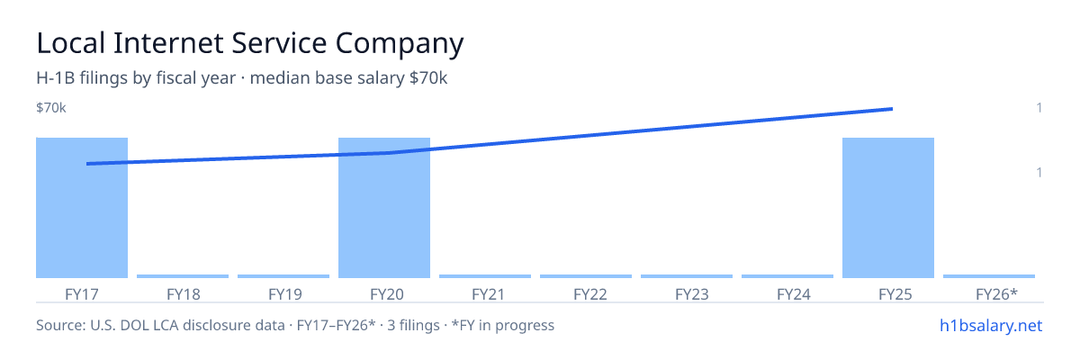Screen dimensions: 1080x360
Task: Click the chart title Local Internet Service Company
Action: [x=250, y=44]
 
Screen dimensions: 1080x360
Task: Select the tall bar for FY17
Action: [x=82, y=208]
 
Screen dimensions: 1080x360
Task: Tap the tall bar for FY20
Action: [x=384, y=208]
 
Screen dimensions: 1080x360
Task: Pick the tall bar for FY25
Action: [x=888, y=208]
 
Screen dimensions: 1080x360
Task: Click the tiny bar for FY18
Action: [x=183, y=276]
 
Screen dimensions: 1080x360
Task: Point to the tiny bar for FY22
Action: [x=586, y=276]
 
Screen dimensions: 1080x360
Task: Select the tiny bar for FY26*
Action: [x=989, y=276]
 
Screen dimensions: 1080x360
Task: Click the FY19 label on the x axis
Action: [x=285, y=294]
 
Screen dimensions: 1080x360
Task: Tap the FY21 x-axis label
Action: [x=488, y=294]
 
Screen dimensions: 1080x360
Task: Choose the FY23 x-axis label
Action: [x=692, y=294]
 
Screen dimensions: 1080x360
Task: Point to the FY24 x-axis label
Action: [x=794, y=294]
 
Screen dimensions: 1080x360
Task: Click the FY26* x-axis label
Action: [x=996, y=294]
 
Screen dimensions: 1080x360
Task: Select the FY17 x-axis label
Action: [x=82, y=294]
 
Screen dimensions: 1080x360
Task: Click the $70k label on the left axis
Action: [x=51, y=108]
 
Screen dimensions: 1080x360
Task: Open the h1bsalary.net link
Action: [x=991, y=326]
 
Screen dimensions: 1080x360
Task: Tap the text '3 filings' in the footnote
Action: [x=413, y=326]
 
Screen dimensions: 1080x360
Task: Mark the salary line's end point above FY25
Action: [x=892, y=109]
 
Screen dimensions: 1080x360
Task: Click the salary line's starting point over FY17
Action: [x=88, y=164]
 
